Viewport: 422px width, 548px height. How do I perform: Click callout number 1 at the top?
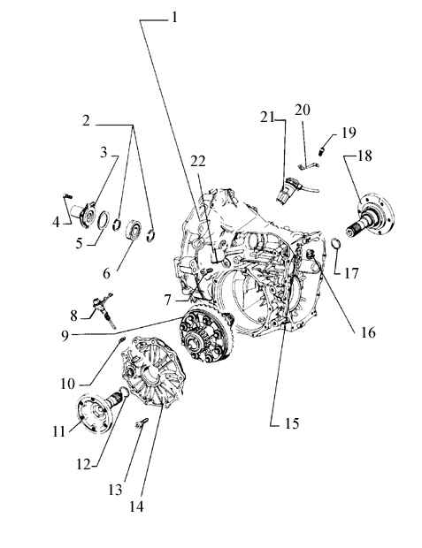(174, 17)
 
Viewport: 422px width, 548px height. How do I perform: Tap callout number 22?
(198, 161)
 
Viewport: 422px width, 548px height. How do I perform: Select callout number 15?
(292, 423)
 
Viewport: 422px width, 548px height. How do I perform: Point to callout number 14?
(136, 506)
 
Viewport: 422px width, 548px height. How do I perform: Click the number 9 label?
(65, 336)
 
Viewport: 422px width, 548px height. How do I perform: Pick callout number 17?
(351, 273)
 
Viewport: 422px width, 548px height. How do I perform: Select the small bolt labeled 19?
(323, 152)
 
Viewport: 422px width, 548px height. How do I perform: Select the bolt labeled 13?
(142, 422)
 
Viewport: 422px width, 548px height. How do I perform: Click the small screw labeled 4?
(67, 197)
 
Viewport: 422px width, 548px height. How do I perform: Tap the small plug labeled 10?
(122, 339)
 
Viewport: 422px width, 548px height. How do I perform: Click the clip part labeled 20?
(309, 166)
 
